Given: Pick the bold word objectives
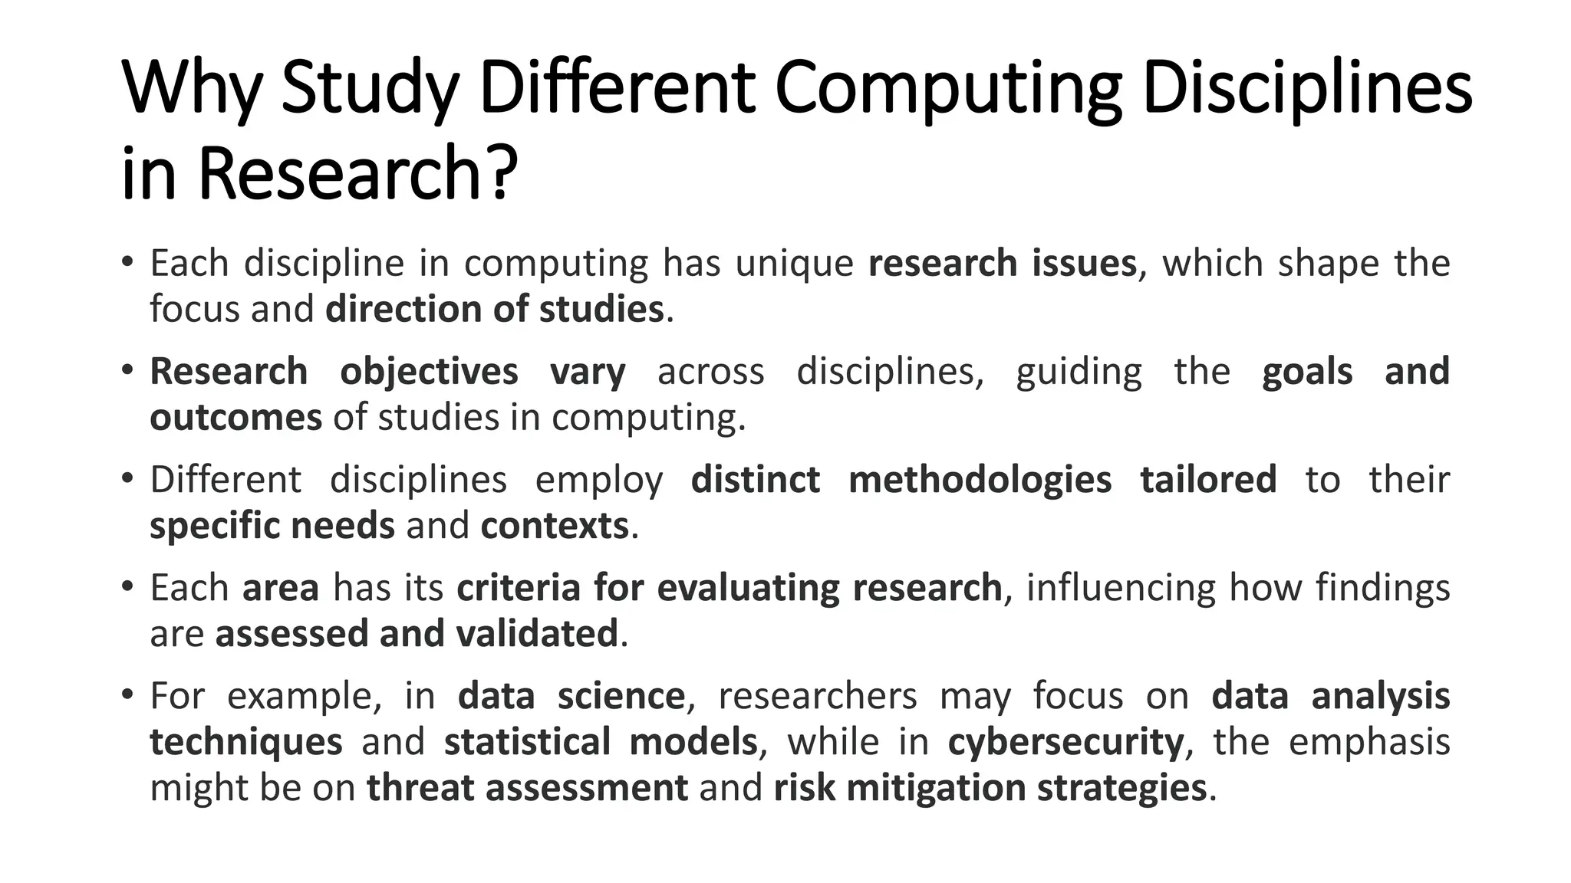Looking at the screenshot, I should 429,373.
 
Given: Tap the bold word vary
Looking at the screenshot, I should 588,373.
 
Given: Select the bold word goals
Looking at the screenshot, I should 1307,373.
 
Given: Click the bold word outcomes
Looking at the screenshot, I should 235,418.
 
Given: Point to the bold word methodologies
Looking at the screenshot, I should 980,481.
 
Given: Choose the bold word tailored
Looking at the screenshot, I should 1208,480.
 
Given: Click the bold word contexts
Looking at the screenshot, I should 555,526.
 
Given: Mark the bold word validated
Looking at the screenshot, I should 537,634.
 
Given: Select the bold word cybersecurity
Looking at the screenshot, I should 1065,743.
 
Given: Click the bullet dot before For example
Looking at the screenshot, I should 127,694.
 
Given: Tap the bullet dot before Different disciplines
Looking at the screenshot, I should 127,478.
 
